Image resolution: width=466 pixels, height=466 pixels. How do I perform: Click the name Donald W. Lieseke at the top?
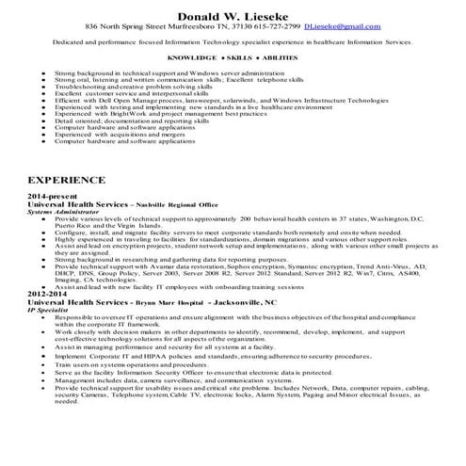click(233, 11)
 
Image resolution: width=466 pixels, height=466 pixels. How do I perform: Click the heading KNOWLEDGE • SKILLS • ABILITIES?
click(232, 59)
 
